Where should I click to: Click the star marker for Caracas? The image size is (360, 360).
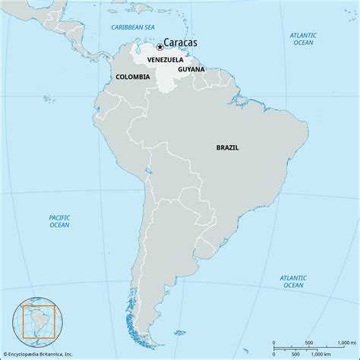160,46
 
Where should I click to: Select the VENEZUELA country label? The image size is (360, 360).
165,59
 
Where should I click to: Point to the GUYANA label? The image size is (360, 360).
191,69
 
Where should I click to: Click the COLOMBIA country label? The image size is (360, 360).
132,77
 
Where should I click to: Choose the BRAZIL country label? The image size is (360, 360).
227,147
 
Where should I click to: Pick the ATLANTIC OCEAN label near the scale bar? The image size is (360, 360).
292,281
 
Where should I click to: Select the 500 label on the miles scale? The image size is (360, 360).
308,343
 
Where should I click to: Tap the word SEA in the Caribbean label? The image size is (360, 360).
154,27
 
